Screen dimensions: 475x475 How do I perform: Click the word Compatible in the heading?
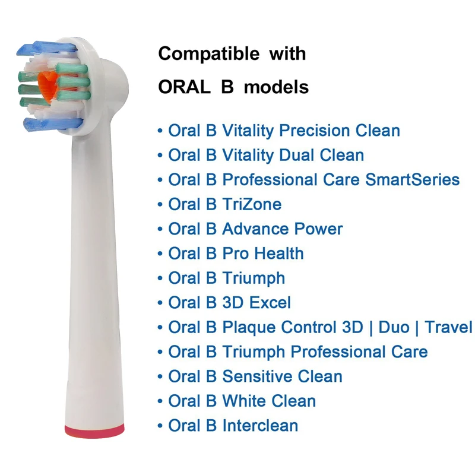[209, 55]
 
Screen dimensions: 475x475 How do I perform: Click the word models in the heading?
[276, 87]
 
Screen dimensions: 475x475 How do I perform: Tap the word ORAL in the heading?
[184, 87]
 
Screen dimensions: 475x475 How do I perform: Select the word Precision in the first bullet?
[314, 131]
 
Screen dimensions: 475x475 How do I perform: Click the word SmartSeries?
[412, 180]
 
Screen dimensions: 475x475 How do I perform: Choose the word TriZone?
[252, 204]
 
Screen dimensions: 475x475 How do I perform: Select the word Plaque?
[248, 328]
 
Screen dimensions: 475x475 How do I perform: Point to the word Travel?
[448, 327]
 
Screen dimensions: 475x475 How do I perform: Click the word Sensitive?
[257, 376]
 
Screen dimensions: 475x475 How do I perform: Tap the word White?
[243, 401]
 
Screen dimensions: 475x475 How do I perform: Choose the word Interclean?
[260, 425]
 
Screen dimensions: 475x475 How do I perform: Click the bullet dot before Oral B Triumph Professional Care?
[160, 353]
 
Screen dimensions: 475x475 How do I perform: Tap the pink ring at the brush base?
[94, 430]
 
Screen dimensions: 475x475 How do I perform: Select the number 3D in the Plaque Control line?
[352, 327]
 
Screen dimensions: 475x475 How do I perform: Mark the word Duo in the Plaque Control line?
[394, 327]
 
